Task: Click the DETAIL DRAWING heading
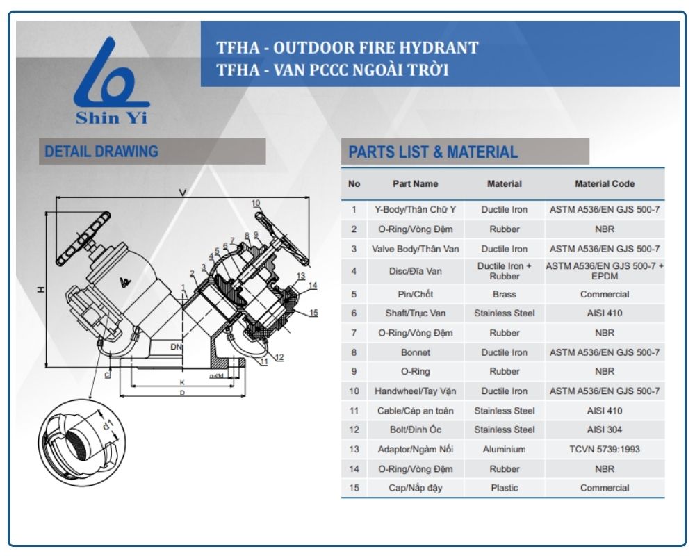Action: pos(101,152)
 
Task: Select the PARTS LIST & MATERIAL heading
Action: pos(433,152)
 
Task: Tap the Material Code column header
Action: pos(604,184)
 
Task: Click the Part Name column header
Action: pos(416,184)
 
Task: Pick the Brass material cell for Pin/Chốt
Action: pos(504,294)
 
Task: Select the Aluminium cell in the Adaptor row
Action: pos(504,449)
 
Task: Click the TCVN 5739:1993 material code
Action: pos(604,449)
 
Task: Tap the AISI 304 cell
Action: pos(604,430)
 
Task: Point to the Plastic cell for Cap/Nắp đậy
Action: pos(504,488)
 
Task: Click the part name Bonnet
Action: pos(416,352)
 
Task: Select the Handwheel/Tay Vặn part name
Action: pos(416,391)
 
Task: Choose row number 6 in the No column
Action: pos(354,313)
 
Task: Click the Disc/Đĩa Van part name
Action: pos(416,271)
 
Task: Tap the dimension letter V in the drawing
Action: pos(182,191)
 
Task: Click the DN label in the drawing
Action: pos(176,345)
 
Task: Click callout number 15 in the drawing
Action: pos(313,313)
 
